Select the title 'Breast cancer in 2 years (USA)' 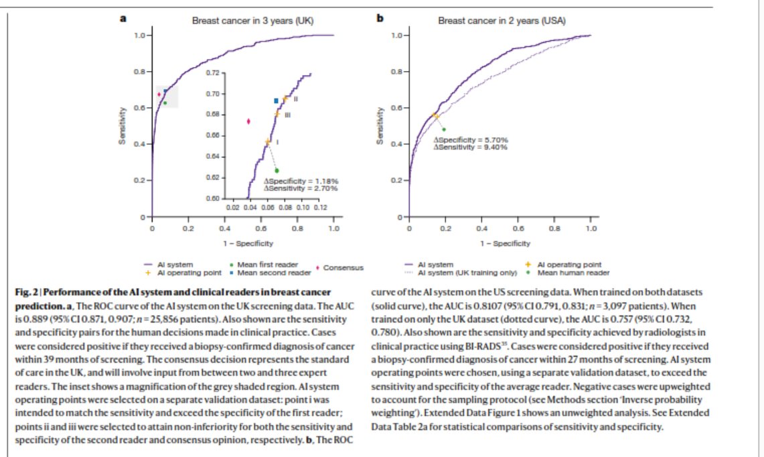pos(502,21)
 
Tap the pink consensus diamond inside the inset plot pos(248,121)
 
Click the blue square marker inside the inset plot pos(276,101)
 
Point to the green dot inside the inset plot pos(276,170)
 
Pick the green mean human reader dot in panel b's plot pos(443,129)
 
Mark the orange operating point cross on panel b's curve pos(436,115)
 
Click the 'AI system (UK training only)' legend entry pos(465,273)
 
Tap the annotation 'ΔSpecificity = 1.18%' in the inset pos(301,181)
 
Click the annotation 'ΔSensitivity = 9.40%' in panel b pos(471,147)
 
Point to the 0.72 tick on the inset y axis pos(212,72)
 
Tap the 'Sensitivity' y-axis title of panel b pos(380,126)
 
